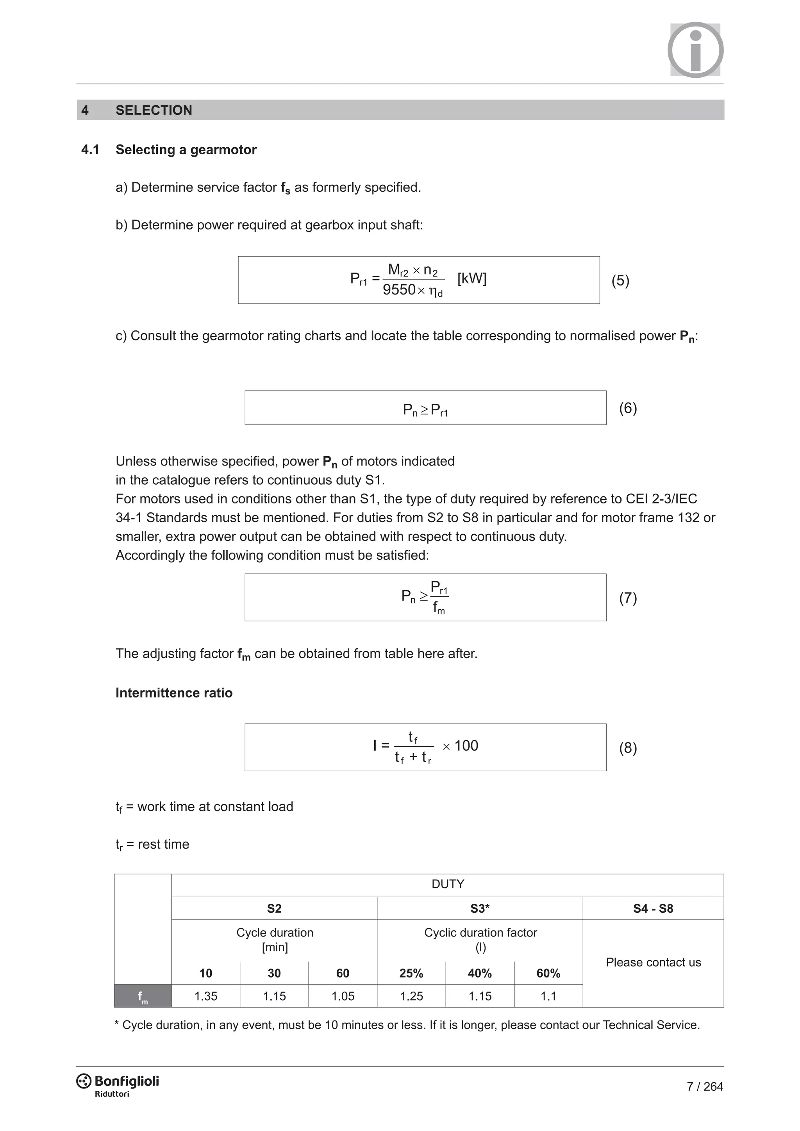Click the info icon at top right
pyautogui.click(x=695, y=50)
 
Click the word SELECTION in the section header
pyautogui.click(x=154, y=111)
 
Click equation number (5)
pyautogui.click(x=620, y=281)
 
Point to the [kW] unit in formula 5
pyautogui.click(x=471, y=279)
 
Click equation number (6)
pyautogui.click(x=628, y=409)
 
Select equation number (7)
pyautogui.click(x=628, y=598)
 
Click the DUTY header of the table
pyautogui.click(x=447, y=884)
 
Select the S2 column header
pyautogui.click(x=274, y=909)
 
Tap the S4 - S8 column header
pyautogui.click(x=653, y=909)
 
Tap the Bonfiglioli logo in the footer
pyautogui.click(x=118, y=1083)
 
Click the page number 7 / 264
pyautogui.click(x=704, y=1086)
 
